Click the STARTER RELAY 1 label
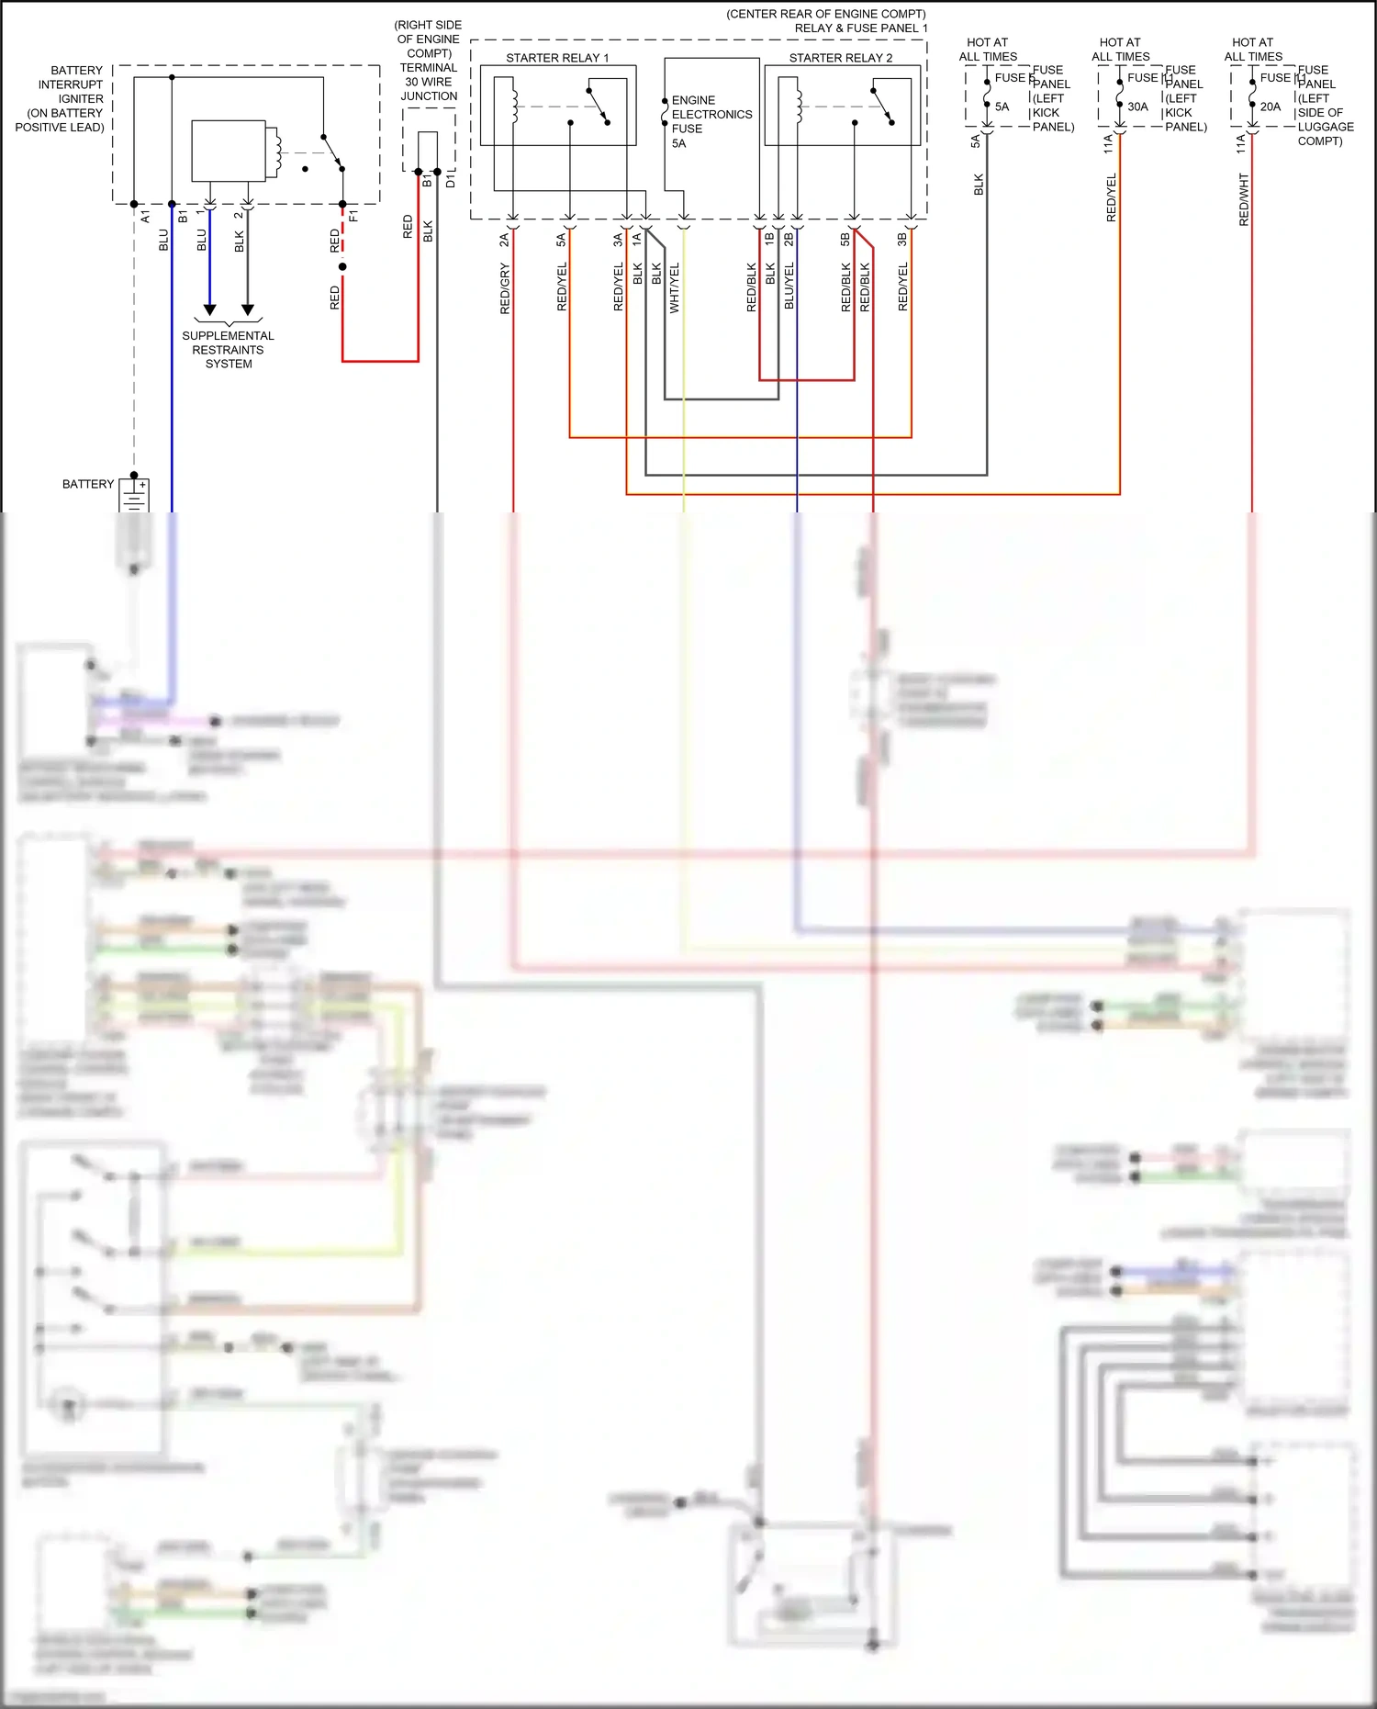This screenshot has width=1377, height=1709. pos(557,58)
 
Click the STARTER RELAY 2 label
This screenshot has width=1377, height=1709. pos(840,58)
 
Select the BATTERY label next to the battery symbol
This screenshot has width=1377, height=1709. pos(88,484)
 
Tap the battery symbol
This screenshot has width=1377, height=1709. pos(134,496)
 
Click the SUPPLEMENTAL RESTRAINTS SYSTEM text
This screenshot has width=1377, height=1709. pos(228,350)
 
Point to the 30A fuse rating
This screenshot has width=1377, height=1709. pos(1137,107)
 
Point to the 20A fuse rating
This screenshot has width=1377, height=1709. pos(1270,107)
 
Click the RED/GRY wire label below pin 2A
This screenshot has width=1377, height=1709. pos(505,288)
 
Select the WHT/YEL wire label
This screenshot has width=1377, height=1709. pos(675,288)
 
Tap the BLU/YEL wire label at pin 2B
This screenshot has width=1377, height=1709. pos(789,286)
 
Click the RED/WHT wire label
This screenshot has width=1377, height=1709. pos(1244,200)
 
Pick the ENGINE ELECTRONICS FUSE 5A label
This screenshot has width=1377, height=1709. pos(711,121)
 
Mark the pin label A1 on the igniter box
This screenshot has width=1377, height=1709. pos(145,217)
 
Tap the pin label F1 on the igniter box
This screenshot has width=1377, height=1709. pos(353,217)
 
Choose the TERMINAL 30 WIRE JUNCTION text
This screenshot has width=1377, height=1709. pos(429,82)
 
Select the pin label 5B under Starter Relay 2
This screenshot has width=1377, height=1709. pos(845,240)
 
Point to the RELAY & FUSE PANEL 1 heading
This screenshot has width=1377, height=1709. pos(860,28)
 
